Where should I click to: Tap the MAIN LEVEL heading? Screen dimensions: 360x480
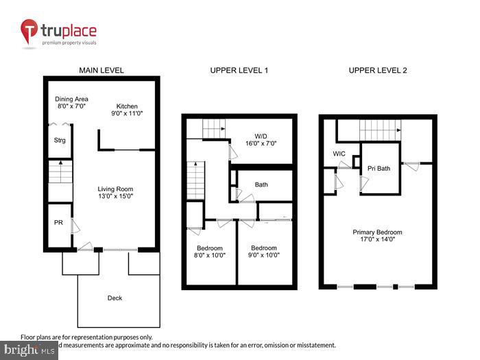[101, 71]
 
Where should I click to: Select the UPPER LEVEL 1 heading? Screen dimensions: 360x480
[239, 71]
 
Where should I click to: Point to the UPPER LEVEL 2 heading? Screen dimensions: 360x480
[377, 71]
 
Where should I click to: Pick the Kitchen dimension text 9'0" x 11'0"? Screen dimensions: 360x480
[127, 114]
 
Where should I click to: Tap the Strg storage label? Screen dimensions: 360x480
[60, 141]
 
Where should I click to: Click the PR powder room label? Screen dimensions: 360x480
[58, 222]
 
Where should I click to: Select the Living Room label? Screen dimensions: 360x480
[115, 189]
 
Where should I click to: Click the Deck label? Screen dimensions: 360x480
[115, 298]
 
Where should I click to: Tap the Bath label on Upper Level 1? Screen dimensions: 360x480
[261, 184]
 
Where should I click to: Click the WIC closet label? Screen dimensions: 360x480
[339, 154]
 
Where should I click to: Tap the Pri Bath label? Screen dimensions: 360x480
[379, 168]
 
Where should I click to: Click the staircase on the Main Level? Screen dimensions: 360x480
[60, 171]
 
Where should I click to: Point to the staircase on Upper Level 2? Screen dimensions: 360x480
[379, 130]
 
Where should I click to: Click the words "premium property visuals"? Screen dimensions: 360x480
[69, 43]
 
